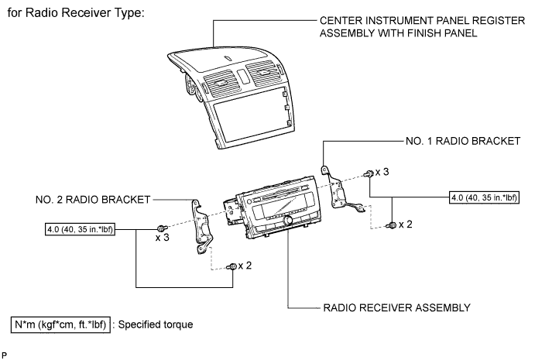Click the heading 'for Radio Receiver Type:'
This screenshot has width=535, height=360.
[88, 15]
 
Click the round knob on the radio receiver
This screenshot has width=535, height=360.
[290, 222]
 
